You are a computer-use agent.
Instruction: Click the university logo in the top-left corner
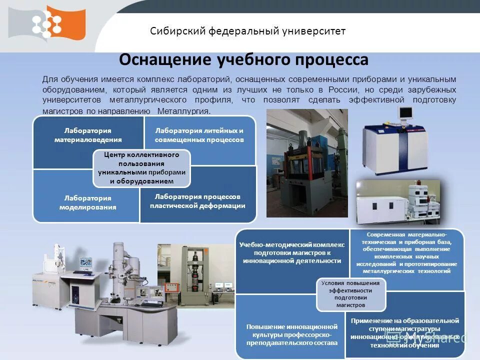(47, 23)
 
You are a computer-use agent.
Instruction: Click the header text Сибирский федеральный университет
(247, 31)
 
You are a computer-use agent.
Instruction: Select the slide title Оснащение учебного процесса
(243, 60)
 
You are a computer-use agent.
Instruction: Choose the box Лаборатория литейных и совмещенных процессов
(199, 135)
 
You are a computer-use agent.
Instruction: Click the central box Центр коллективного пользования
(141, 167)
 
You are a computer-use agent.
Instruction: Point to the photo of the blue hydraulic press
(306, 162)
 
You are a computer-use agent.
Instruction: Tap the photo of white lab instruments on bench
(398, 202)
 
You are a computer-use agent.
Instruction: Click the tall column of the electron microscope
(120, 270)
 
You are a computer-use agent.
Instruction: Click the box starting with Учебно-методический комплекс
(291, 253)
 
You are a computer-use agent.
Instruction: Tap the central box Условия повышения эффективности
(350, 294)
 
